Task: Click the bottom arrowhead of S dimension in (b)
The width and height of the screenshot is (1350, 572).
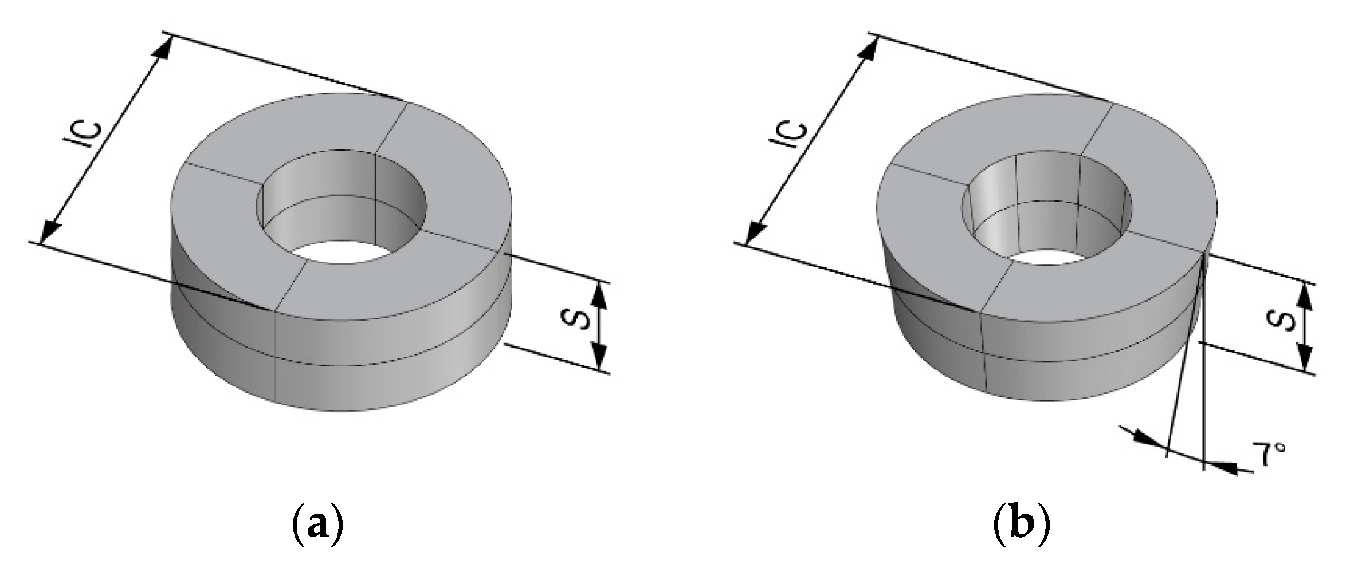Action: coord(1304,361)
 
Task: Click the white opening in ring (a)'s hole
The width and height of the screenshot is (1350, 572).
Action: coord(331,251)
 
